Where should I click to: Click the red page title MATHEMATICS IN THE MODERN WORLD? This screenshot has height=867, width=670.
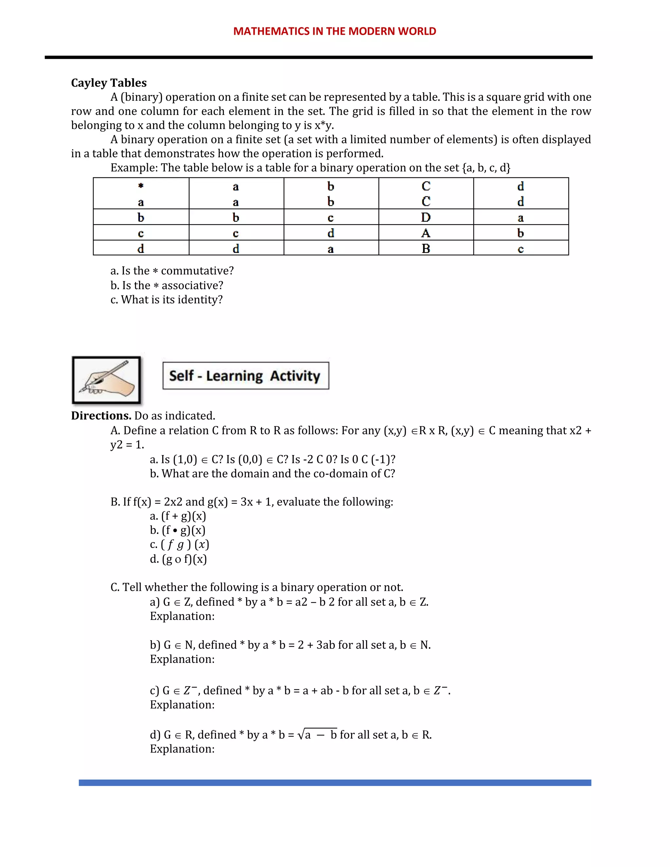335,31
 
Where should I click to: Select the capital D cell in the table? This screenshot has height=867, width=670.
426,218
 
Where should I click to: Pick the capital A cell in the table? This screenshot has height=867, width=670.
426,233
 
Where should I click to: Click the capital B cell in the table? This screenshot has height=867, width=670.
426,249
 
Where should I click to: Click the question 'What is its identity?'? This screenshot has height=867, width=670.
167,300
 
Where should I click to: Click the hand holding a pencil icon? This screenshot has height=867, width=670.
106,380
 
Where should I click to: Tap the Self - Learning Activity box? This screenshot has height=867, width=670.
246,376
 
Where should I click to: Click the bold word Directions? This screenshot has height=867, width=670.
101,416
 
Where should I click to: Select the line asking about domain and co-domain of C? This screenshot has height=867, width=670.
272,474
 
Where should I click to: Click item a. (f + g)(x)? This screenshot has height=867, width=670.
178,516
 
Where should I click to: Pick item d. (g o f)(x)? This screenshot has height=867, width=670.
178,559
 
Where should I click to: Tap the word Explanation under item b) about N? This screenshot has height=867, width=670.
182,659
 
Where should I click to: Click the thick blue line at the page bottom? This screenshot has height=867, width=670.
335,783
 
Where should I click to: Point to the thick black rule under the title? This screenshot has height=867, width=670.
318,58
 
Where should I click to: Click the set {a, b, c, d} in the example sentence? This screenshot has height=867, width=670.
486,168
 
